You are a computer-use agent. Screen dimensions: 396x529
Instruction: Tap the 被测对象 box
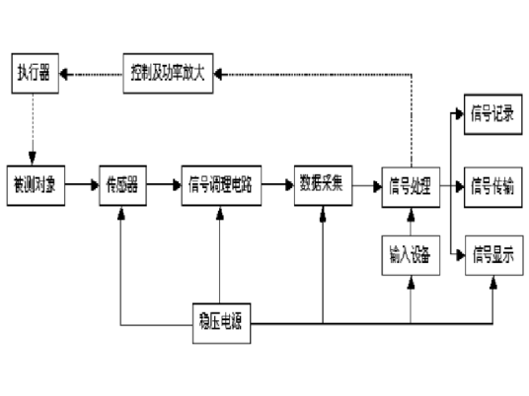pos(34,185)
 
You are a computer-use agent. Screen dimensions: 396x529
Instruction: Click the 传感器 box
pos(121,185)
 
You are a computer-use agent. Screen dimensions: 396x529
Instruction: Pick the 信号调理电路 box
pos(223,185)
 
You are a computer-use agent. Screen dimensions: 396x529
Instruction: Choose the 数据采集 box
pos(322,185)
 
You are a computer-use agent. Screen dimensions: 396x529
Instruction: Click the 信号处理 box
pos(409,185)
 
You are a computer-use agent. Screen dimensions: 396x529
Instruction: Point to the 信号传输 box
pos(490,185)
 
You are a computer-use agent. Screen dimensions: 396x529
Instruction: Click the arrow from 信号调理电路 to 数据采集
pos(279,185)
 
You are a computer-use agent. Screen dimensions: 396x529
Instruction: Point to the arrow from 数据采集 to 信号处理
pos(364,185)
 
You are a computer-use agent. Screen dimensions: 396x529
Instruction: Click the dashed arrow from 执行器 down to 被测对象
pos(34,128)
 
